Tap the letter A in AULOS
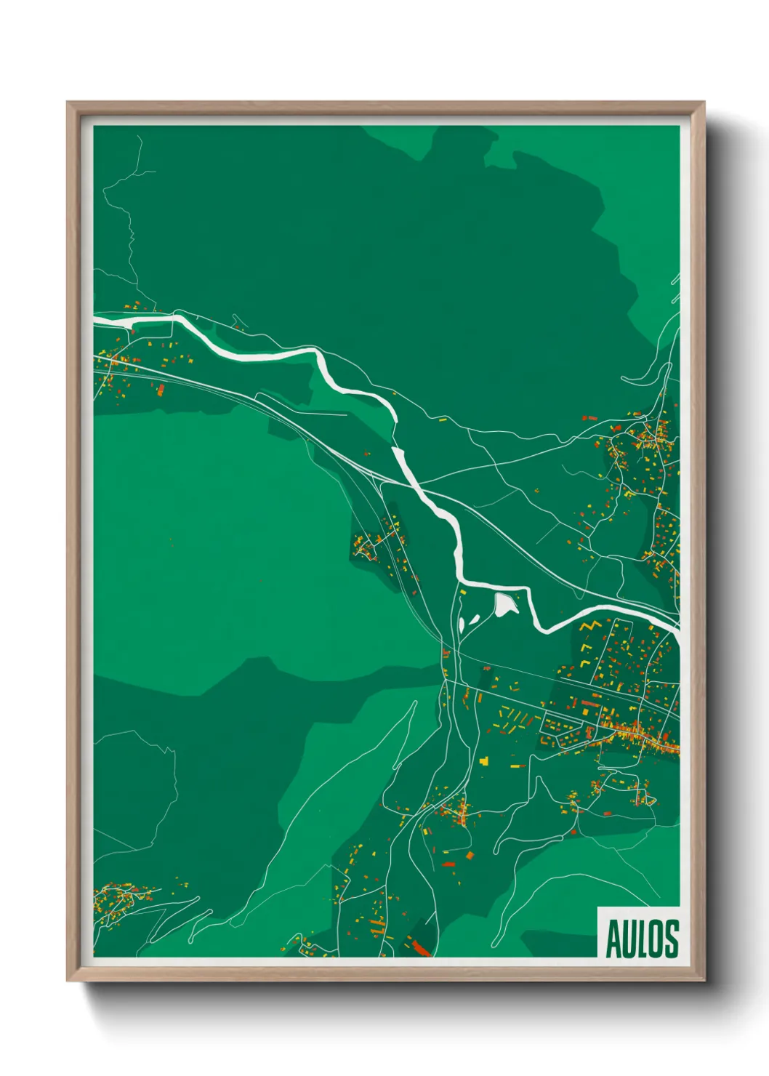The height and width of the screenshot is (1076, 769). (x=613, y=939)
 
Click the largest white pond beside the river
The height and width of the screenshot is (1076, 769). (x=504, y=603)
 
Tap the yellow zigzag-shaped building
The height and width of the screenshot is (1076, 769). (x=589, y=626)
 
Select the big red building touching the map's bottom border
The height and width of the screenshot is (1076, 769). (x=421, y=946)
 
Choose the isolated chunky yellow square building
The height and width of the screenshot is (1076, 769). (x=484, y=760)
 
